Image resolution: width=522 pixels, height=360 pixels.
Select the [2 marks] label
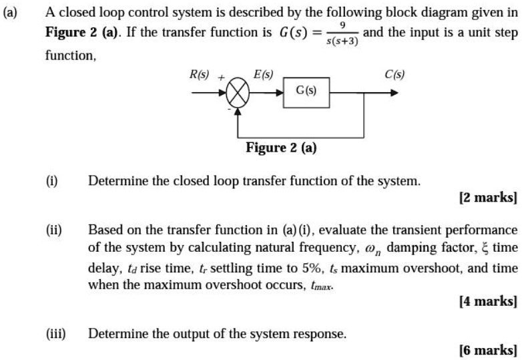pyautogui.click(x=488, y=198)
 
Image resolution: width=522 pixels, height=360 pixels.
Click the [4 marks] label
pyautogui.click(x=488, y=302)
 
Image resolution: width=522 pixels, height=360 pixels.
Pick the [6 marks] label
pyautogui.click(x=488, y=349)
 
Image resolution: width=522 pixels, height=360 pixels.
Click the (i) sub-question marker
pyautogui.click(x=51, y=180)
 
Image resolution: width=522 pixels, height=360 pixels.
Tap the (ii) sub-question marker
pyautogui.click(x=53, y=230)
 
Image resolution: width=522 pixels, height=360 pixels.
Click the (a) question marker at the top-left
pyautogui.click(x=12, y=13)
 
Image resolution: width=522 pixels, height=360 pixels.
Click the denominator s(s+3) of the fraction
pyautogui.click(x=343, y=41)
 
